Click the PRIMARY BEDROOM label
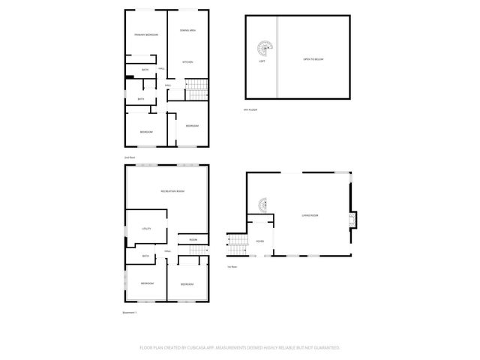pyautogui.click(x=145, y=35)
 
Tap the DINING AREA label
pyautogui.click(x=187, y=31)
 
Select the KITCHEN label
pyautogui.click(x=187, y=61)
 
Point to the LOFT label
pyautogui.click(x=262, y=61)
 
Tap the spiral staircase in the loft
pyautogui.click(x=264, y=49)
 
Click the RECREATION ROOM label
pyautogui.click(x=172, y=192)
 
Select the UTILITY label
pyautogui.click(x=147, y=229)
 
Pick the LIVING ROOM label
pyautogui.click(x=310, y=215)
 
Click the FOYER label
pyautogui.click(x=259, y=241)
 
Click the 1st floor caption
pyautogui.click(x=232, y=267)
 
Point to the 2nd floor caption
pyautogui.click(x=129, y=157)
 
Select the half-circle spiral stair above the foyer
pyautogui.click(x=262, y=204)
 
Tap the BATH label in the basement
pyautogui.click(x=145, y=256)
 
